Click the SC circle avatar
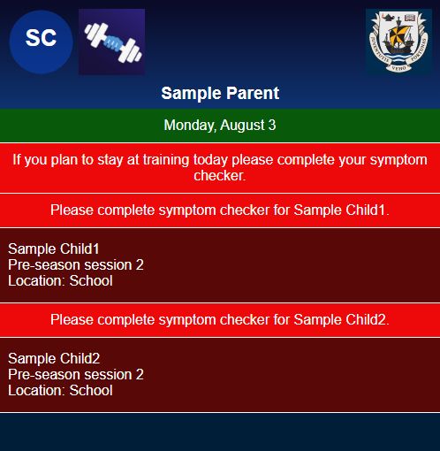(41, 42)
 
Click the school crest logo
(398, 42)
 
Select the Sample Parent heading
(220, 93)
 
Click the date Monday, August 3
(220, 125)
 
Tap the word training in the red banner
(166, 160)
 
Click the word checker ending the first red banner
(220, 176)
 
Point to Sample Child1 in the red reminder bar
(341, 210)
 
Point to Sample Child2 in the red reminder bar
(341, 320)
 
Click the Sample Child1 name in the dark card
(54, 249)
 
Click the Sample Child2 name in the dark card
(54, 359)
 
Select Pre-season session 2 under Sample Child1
(76, 265)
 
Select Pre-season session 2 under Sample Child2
(76, 375)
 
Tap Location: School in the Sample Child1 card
(60, 281)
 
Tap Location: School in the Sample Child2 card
(60, 391)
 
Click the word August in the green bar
(242, 126)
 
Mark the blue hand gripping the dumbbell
(113, 43)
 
